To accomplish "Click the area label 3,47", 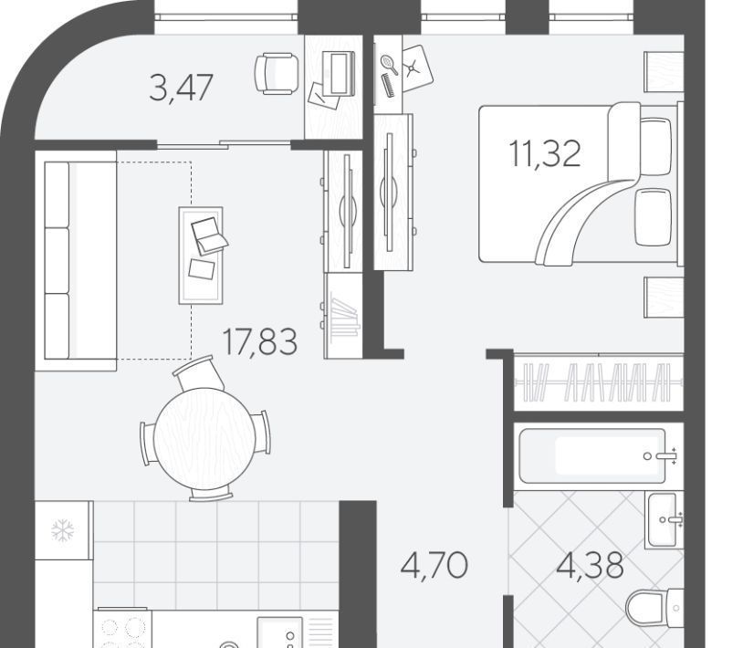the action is pyautogui.click(x=181, y=88).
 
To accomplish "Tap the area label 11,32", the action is pyautogui.click(x=544, y=153).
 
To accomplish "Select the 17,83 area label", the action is pyautogui.click(x=259, y=341).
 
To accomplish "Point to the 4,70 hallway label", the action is pyautogui.click(x=434, y=565).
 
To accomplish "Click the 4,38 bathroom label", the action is pyautogui.click(x=590, y=565).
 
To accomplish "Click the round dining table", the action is pyautogui.click(x=204, y=439).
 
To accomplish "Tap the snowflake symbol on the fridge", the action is pyautogui.click(x=63, y=530).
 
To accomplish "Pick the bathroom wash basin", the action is pyautogui.click(x=664, y=519).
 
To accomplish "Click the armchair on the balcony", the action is pyautogui.click(x=277, y=73).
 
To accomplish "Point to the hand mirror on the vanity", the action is pyautogui.click(x=389, y=64).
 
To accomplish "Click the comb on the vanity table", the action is pyautogui.click(x=388, y=86).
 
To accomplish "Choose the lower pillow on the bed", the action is pyautogui.click(x=654, y=217).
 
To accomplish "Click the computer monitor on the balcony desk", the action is pyautogui.click(x=339, y=73).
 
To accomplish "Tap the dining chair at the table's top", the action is pyautogui.click(x=199, y=373).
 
